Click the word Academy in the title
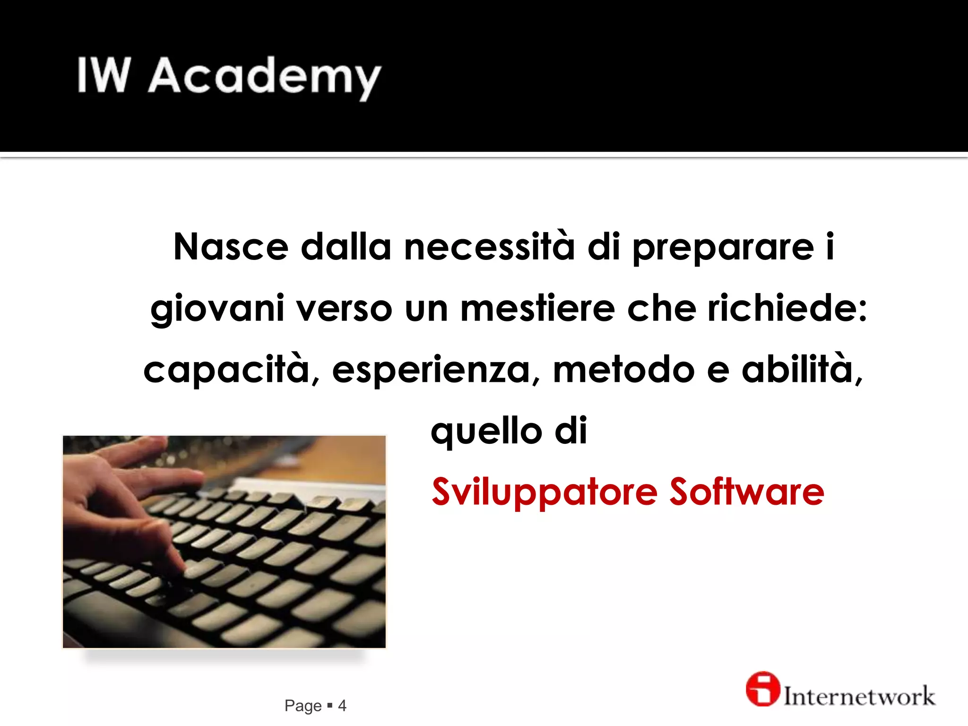[265, 77]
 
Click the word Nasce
[231, 247]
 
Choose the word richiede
[787, 308]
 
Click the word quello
[486, 431]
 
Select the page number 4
[342, 706]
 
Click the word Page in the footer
[303, 706]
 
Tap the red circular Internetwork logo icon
[762, 689]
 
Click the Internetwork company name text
[859, 696]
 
